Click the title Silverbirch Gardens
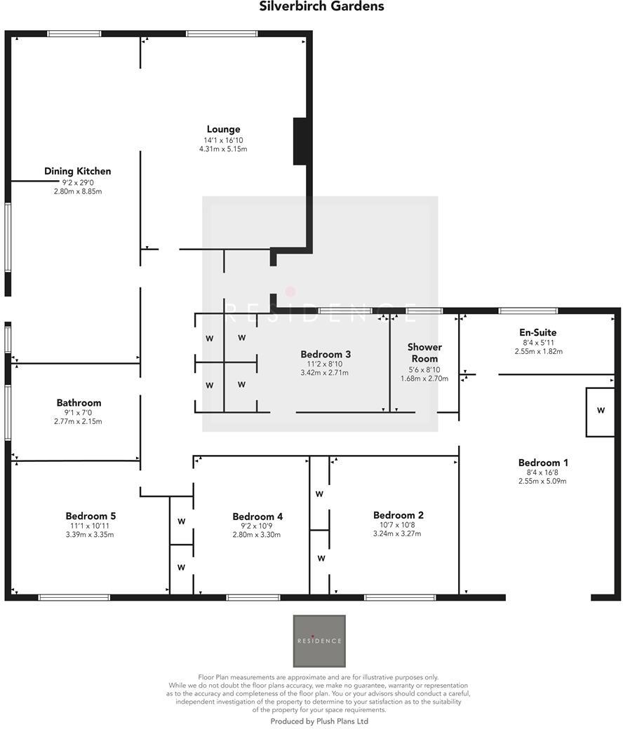(322, 7)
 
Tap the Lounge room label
(223, 129)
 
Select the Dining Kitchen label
(77, 171)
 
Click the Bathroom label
(79, 403)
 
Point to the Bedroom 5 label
(91, 517)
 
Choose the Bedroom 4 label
(257, 517)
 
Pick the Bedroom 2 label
(398, 516)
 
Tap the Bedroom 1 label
(543, 463)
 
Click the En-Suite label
(538, 333)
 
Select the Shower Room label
(424, 353)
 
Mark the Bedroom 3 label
(326, 355)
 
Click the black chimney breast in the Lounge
(300, 141)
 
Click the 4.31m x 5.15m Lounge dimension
(223, 149)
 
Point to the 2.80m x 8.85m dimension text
(77, 191)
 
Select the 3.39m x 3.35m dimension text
(91, 535)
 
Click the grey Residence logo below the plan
(319, 641)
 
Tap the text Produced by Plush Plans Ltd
(319, 721)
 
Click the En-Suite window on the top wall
(528, 311)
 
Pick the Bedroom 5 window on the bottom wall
(74, 597)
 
